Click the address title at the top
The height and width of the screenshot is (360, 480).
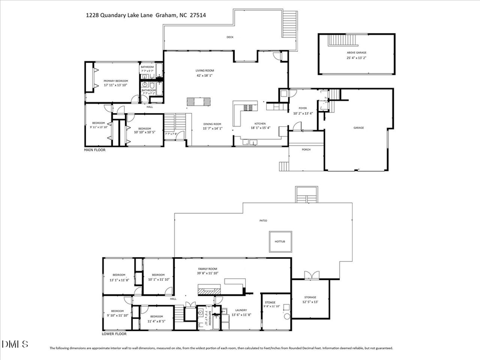click(x=146, y=15)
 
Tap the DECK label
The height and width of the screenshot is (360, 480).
click(x=230, y=37)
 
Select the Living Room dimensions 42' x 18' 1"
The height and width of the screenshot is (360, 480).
click(x=205, y=76)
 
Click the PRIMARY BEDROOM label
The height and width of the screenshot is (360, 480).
click(x=116, y=81)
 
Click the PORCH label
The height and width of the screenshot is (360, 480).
click(x=306, y=149)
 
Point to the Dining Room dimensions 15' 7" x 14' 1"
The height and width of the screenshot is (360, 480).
click(x=212, y=129)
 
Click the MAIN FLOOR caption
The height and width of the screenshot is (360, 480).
click(x=95, y=150)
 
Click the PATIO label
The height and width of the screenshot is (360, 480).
click(x=263, y=220)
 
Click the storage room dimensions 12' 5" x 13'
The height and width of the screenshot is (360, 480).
click(x=310, y=302)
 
